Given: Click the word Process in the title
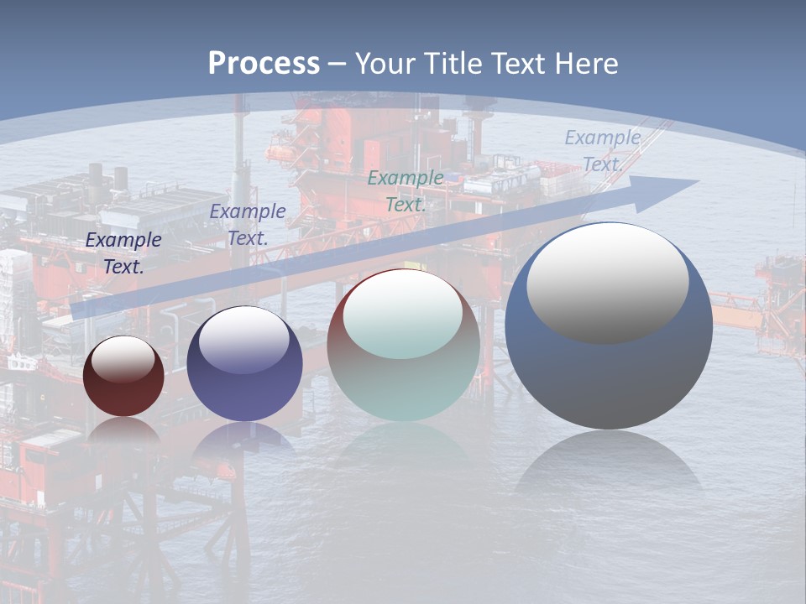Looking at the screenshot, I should tap(264, 63).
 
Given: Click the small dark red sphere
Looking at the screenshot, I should tap(123, 377).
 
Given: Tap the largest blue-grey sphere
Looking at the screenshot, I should tap(609, 369).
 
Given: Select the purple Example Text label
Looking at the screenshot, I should tap(248, 225).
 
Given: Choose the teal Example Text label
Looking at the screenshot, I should tap(406, 190).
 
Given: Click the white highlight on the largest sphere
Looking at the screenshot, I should tap(607, 281).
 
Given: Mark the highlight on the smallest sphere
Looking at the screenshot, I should tap(123, 359).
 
